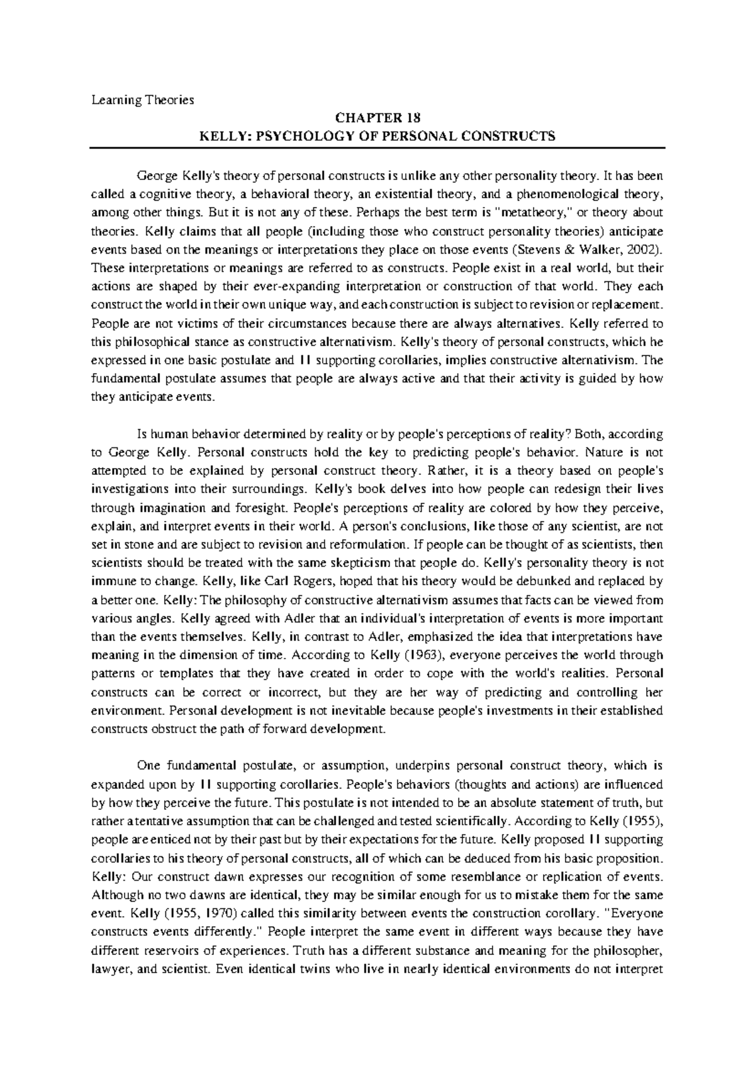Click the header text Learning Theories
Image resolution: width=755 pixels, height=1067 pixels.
click(x=143, y=99)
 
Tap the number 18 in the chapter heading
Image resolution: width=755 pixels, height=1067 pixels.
click(x=412, y=118)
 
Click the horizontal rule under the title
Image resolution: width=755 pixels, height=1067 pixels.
click(x=377, y=147)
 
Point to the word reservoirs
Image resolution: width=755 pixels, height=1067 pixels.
click(x=181, y=950)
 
